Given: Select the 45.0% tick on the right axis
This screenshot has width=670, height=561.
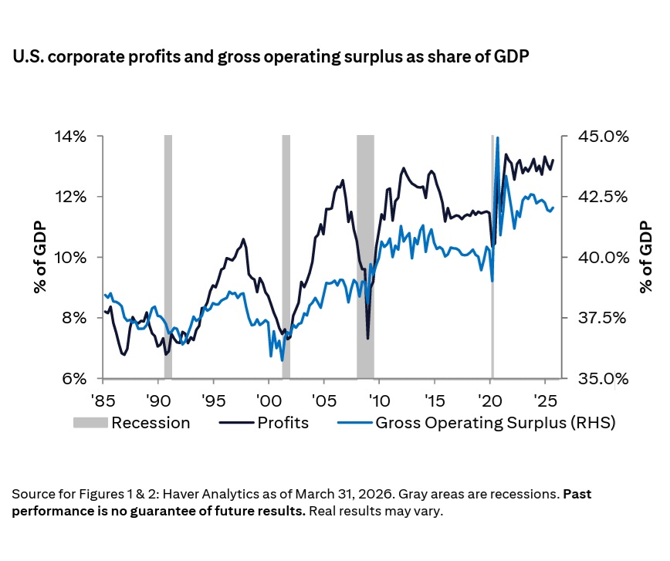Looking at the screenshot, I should [599, 137].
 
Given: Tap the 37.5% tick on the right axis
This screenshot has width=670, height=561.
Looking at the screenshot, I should [599, 318].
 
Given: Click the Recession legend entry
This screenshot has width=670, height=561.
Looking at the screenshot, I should [131, 423].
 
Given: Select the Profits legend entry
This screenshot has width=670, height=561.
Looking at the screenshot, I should [265, 423].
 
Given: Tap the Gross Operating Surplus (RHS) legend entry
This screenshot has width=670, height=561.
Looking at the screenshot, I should [476, 423].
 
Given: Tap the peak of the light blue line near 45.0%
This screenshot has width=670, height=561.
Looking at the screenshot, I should [497, 138].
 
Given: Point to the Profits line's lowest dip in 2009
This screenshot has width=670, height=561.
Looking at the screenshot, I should [367, 338].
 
